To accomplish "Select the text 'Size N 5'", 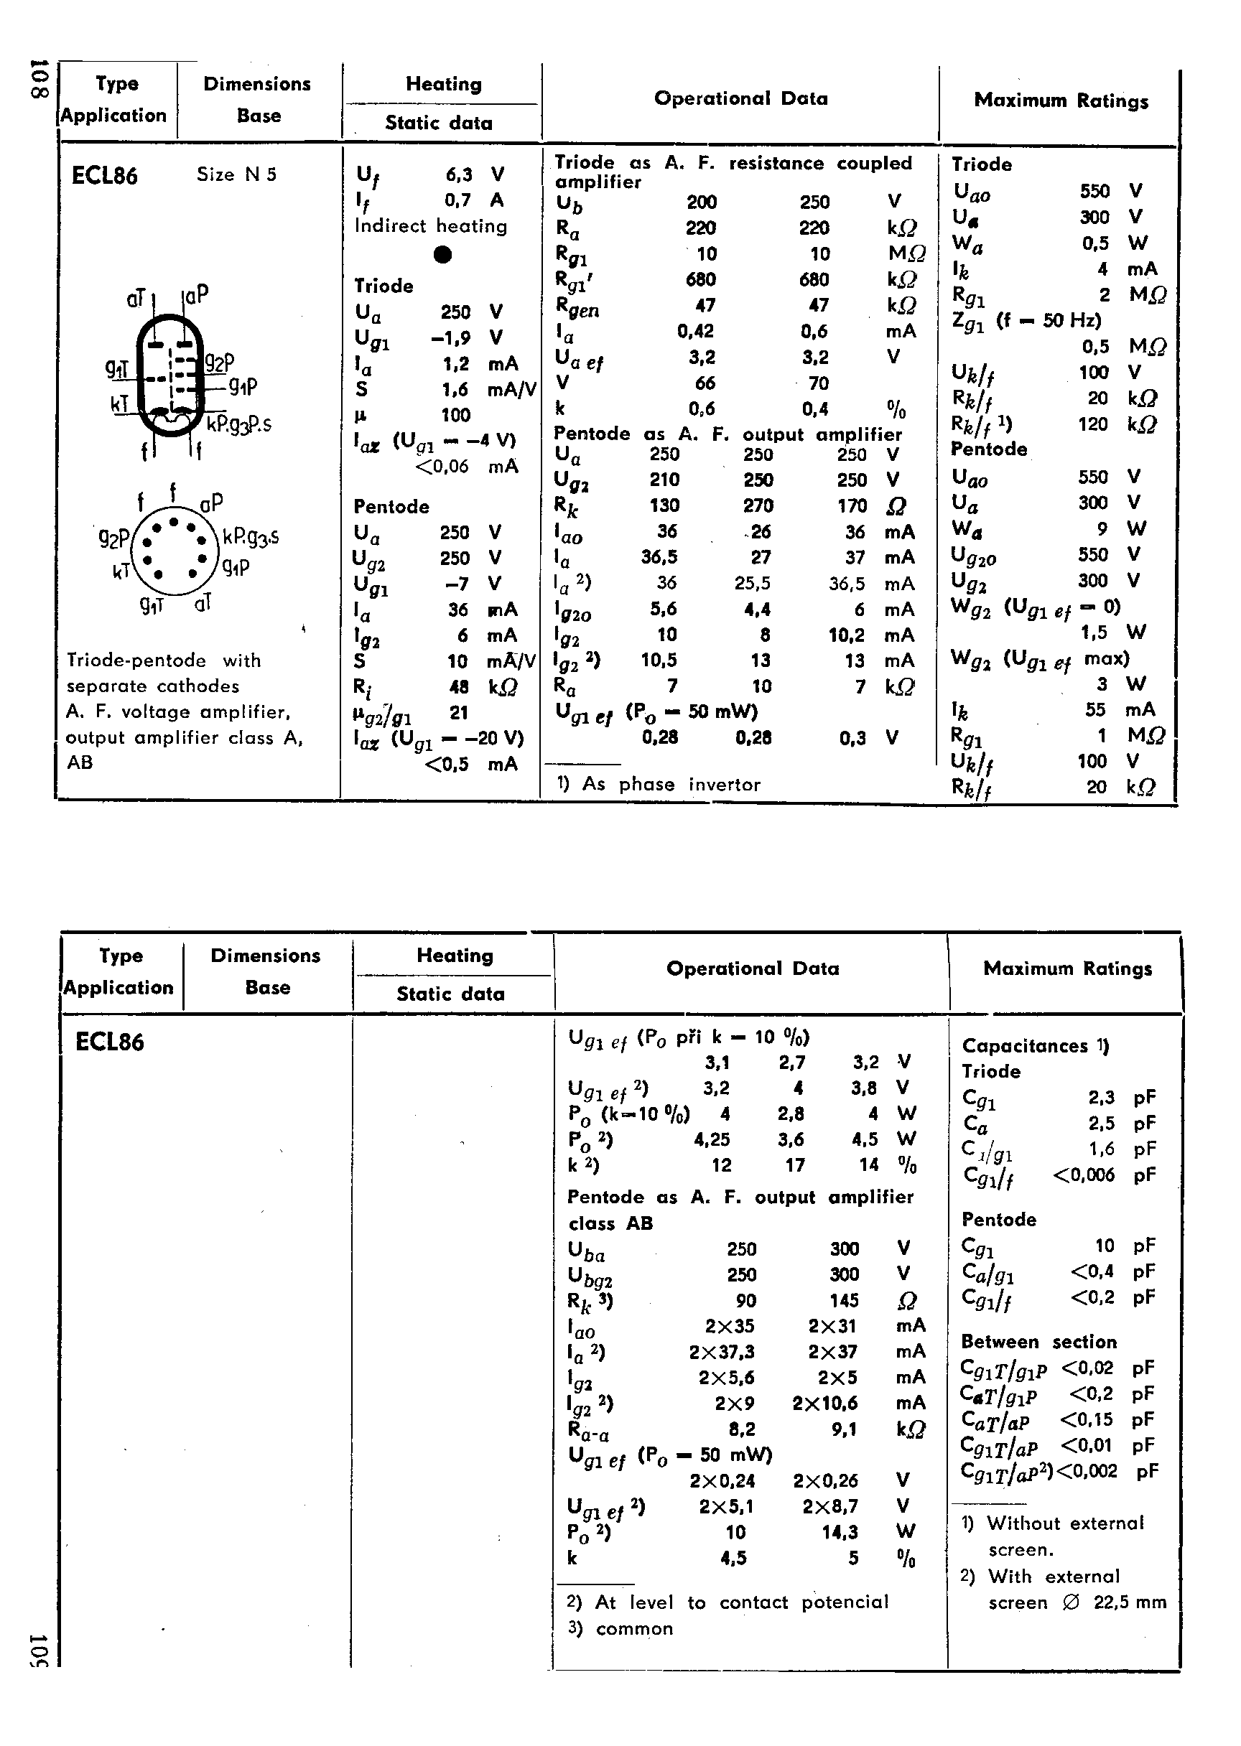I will pyautogui.click(x=236, y=174).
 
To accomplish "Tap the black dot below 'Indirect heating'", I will pyautogui.click(x=442, y=254).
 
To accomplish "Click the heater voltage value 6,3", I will pyautogui.click(x=458, y=175).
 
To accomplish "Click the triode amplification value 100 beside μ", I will pyautogui.click(x=455, y=416).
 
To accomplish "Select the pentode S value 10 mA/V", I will pyautogui.click(x=457, y=660).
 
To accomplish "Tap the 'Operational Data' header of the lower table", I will pyautogui.click(x=752, y=968).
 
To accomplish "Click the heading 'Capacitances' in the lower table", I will pyautogui.click(x=1024, y=1045).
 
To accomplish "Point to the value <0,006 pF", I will pyautogui.click(x=1084, y=1175).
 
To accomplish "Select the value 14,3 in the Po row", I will pyautogui.click(x=840, y=1532).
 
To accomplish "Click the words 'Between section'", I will pyautogui.click(x=1038, y=1342).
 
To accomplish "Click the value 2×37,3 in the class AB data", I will pyautogui.click(x=721, y=1352).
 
